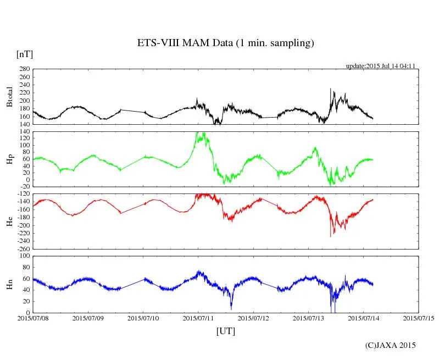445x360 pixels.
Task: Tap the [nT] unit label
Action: [24, 54]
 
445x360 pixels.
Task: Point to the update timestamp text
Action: [380, 66]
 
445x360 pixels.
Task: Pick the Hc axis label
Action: [9, 221]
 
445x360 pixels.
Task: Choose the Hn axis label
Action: [9, 284]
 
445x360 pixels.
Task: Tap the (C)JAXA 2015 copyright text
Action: [391, 345]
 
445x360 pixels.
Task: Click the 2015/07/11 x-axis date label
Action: [198, 318]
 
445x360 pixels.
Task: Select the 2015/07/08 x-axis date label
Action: [33, 318]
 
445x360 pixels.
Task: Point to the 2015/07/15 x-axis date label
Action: [419, 318]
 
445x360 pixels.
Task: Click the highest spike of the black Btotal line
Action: [330, 88]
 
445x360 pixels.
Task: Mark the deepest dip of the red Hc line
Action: [330, 236]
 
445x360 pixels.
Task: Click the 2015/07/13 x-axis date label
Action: [309, 318]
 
